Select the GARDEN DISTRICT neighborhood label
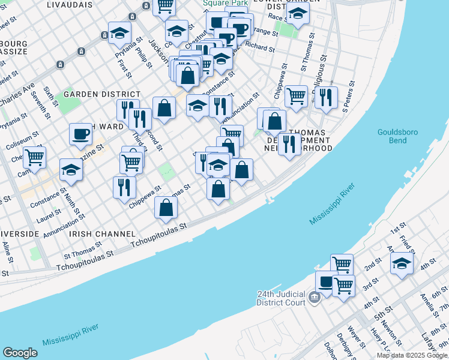(101, 94)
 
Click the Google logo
(20, 353)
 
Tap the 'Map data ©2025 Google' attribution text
(412, 355)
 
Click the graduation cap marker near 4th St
(402, 263)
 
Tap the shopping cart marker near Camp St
(34, 157)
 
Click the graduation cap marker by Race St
(298, 14)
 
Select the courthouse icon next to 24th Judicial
(314, 297)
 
